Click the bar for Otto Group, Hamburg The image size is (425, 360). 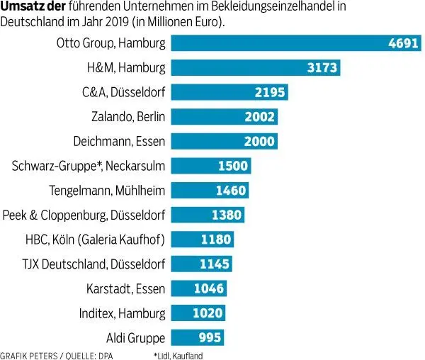(283, 44)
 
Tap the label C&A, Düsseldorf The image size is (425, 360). (123, 93)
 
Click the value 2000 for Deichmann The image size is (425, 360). (259, 142)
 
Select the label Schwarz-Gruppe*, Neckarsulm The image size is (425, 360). (89, 166)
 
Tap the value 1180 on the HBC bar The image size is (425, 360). (215, 240)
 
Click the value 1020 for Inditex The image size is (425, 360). (208, 313)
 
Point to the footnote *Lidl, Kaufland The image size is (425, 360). (178, 354)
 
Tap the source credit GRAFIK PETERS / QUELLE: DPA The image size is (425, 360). (57, 354)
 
